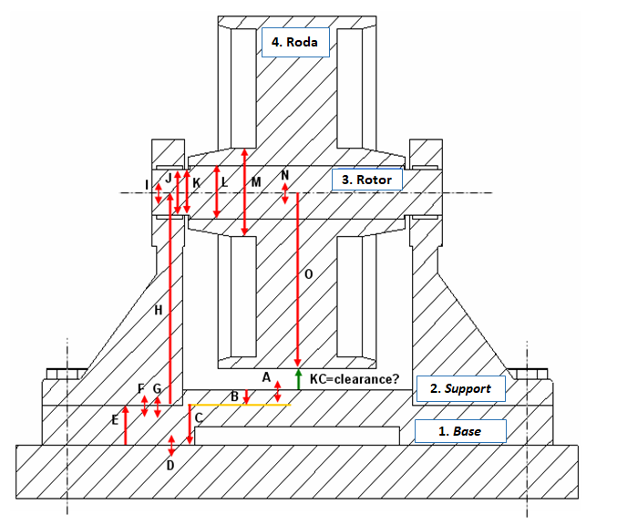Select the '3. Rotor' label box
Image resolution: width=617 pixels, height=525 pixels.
coord(366,180)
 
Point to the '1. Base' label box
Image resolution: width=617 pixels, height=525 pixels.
coord(460,430)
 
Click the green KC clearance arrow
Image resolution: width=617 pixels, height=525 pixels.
coord(298,380)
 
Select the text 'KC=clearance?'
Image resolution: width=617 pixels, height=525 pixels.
coord(355,377)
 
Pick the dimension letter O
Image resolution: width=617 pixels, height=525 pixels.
coord(307,273)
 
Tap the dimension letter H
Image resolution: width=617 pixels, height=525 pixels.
coord(159,311)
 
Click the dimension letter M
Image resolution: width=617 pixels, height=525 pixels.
coord(256,182)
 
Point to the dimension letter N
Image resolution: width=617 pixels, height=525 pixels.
coord(285,174)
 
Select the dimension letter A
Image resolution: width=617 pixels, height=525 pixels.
coord(267,376)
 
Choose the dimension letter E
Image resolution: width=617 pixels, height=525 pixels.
coord(115,419)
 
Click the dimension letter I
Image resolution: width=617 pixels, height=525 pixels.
coord(148,185)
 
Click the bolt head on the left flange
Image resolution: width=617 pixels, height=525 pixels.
coord(65,372)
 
